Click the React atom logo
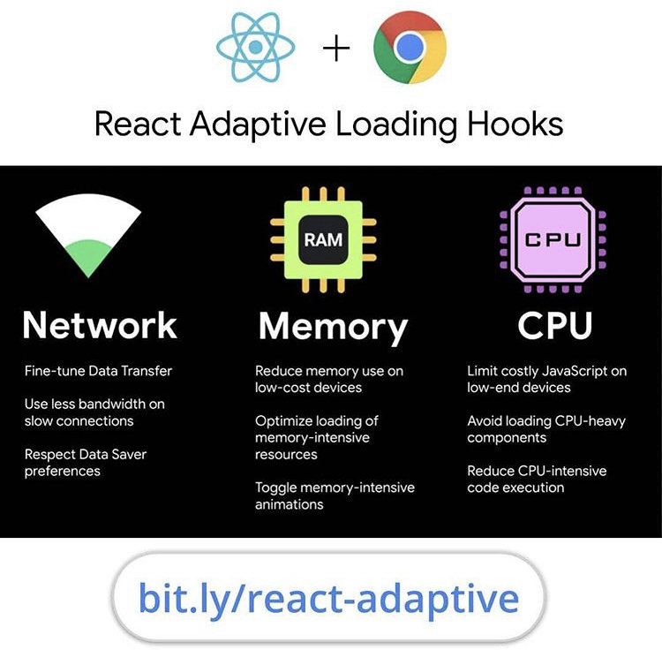[x=256, y=47]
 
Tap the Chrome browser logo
[x=410, y=47]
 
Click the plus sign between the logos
[x=336, y=48]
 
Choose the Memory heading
[x=333, y=326]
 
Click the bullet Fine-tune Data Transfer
[x=98, y=371]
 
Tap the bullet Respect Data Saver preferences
[x=86, y=463]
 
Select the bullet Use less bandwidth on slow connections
[x=94, y=412]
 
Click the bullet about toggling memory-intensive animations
[x=335, y=495]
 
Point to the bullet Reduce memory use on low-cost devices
[x=328, y=379]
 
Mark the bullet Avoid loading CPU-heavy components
[x=545, y=429]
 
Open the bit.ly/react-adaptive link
[x=328, y=598]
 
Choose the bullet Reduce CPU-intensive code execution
[x=537, y=479]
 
